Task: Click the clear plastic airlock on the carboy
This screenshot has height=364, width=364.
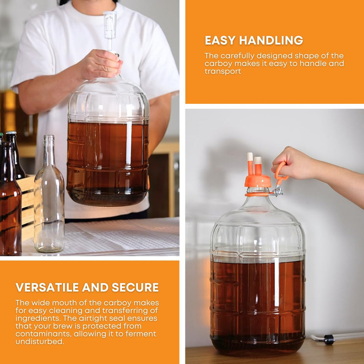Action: pyautogui.click(x=110, y=27)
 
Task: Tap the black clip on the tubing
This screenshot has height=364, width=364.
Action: pyautogui.click(x=329, y=340)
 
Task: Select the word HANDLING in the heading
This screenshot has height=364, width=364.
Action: pyautogui.click(x=271, y=41)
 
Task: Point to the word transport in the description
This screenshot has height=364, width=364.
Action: pyautogui.click(x=223, y=71)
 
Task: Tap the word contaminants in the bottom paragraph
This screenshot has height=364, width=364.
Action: pyautogui.click(x=39, y=334)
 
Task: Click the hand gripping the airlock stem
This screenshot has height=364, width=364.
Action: pyautogui.click(x=100, y=64)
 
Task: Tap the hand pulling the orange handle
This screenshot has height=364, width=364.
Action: pyautogui.click(x=295, y=164)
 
